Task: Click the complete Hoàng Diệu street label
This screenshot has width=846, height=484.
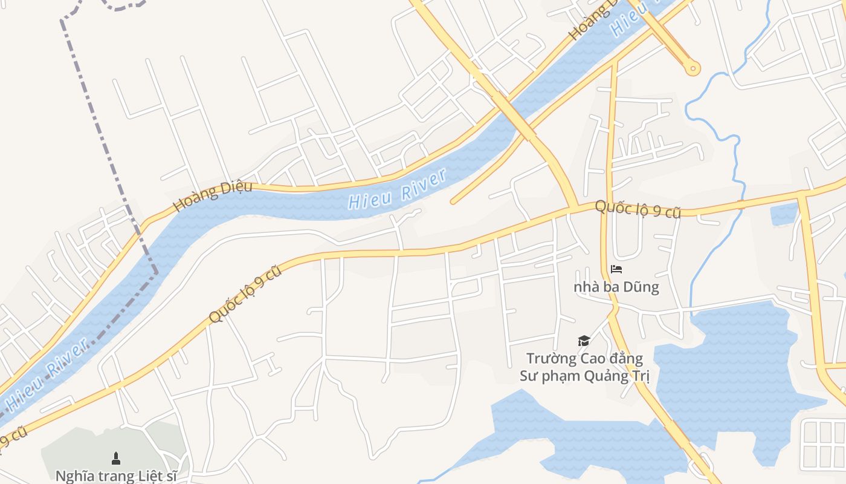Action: point(213,195)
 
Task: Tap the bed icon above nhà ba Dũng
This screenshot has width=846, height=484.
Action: point(616,269)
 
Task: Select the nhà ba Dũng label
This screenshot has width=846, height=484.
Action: point(616,287)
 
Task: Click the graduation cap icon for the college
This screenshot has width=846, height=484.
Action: point(584,341)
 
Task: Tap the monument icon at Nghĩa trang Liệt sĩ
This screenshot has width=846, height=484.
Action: point(116,458)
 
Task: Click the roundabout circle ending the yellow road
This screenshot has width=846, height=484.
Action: point(693,68)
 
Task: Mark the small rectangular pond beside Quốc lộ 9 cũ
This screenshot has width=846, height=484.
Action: point(784,214)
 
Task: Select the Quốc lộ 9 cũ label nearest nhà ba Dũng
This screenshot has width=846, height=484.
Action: point(638,209)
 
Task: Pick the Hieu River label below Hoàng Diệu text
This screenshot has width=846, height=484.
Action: point(397,189)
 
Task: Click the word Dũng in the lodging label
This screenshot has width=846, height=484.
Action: point(642,287)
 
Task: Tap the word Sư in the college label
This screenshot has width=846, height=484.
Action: point(529,376)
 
